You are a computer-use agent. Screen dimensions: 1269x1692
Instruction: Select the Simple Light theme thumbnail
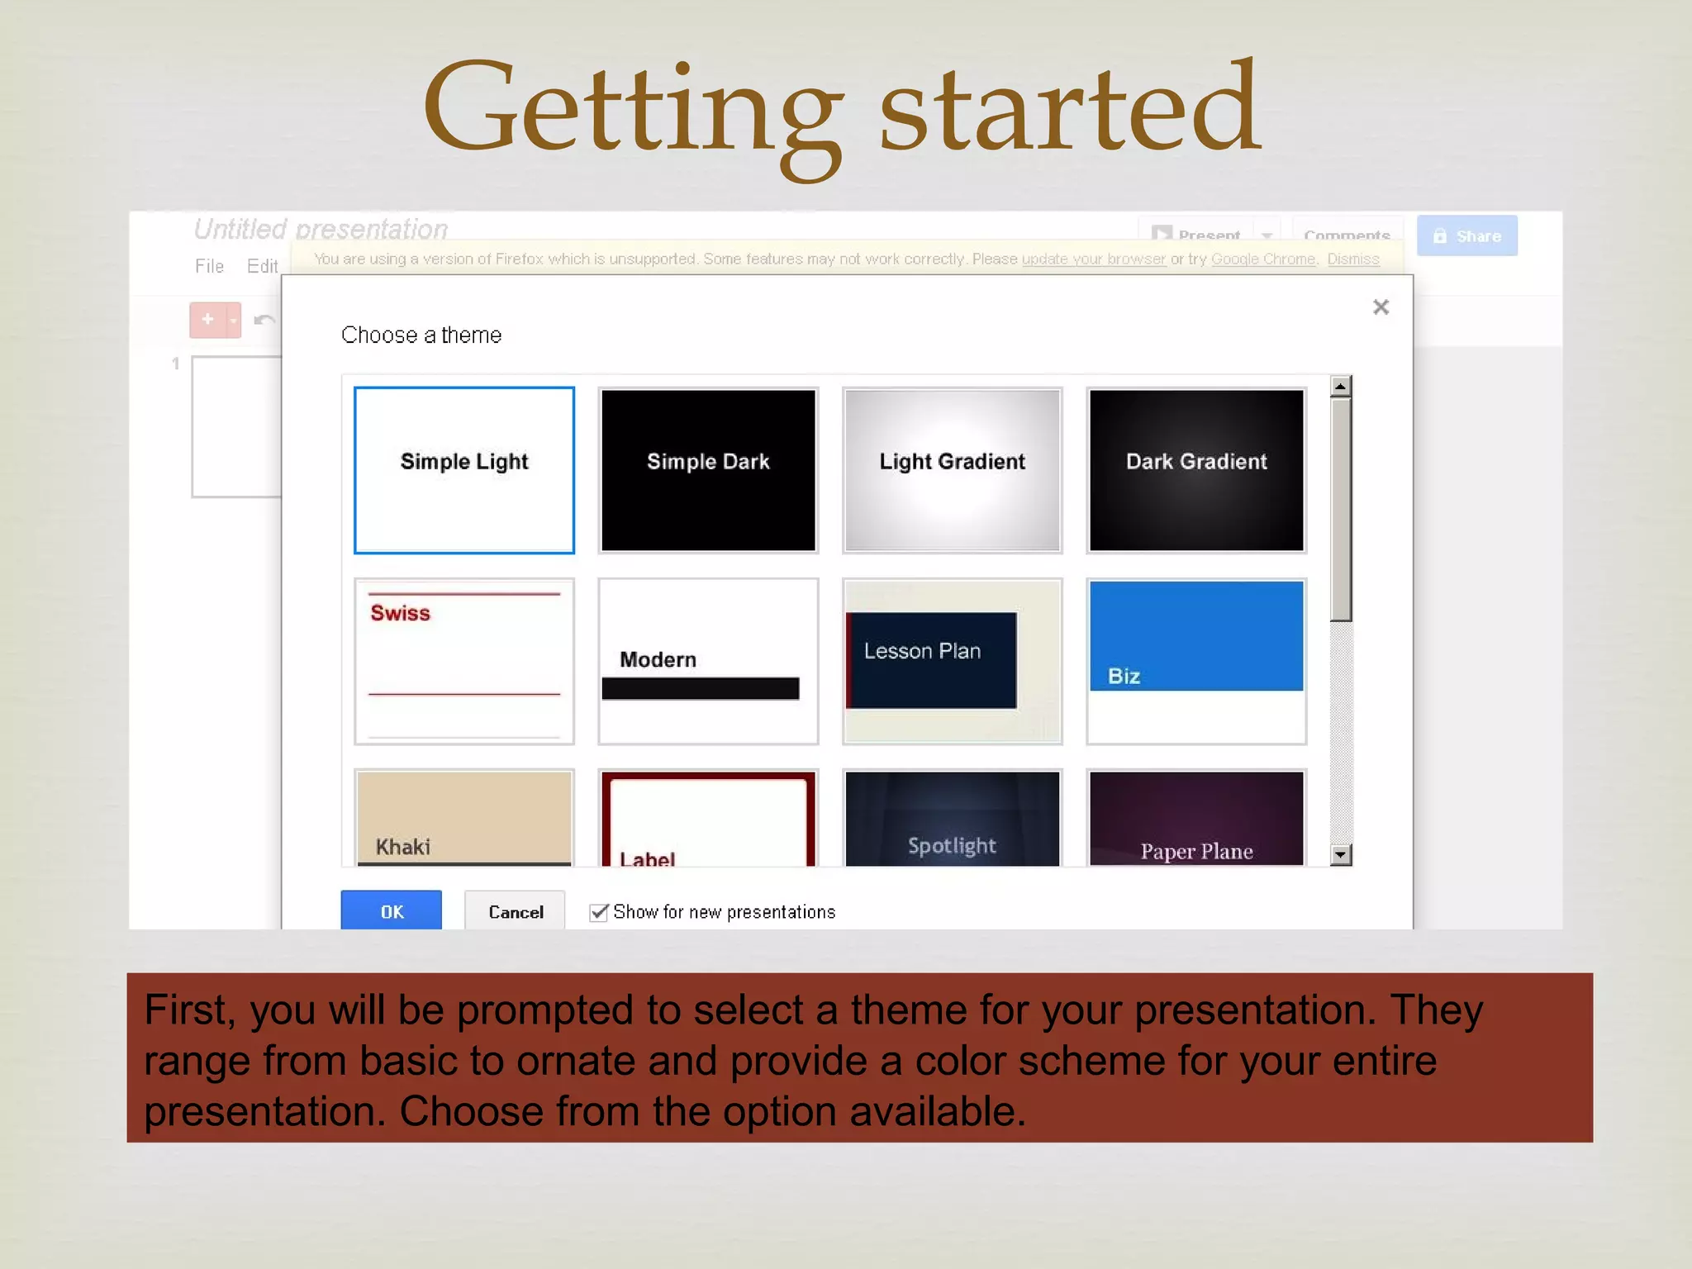[463, 469]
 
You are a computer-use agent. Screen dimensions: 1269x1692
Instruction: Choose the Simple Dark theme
[708, 469]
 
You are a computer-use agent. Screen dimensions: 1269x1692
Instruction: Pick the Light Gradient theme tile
[952, 469]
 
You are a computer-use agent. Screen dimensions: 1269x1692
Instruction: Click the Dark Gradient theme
[1196, 469]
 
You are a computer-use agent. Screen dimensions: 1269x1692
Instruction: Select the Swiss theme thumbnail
[463, 661]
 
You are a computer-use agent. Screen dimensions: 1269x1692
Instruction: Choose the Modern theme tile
[708, 661]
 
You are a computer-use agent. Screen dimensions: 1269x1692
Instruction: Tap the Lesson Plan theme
[952, 661]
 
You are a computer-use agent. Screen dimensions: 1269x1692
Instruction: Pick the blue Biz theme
[1196, 661]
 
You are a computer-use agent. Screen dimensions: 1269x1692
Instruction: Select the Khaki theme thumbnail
[463, 818]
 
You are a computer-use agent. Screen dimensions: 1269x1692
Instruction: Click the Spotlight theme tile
[952, 818]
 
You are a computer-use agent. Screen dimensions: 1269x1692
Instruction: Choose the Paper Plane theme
[1196, 818]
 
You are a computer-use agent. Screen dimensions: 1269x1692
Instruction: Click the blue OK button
[391, 910]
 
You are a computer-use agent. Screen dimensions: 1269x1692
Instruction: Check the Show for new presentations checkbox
[599, 912]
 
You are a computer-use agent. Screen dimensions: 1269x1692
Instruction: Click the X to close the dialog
[1381, 307]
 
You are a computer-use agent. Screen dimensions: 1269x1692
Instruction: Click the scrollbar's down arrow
[1341, 854]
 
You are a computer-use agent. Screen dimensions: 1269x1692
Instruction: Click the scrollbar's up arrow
[1341, 386]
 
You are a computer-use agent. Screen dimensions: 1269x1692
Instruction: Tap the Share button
[1466, 236]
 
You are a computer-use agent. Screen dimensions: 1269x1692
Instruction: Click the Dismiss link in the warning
[1353, 259]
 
